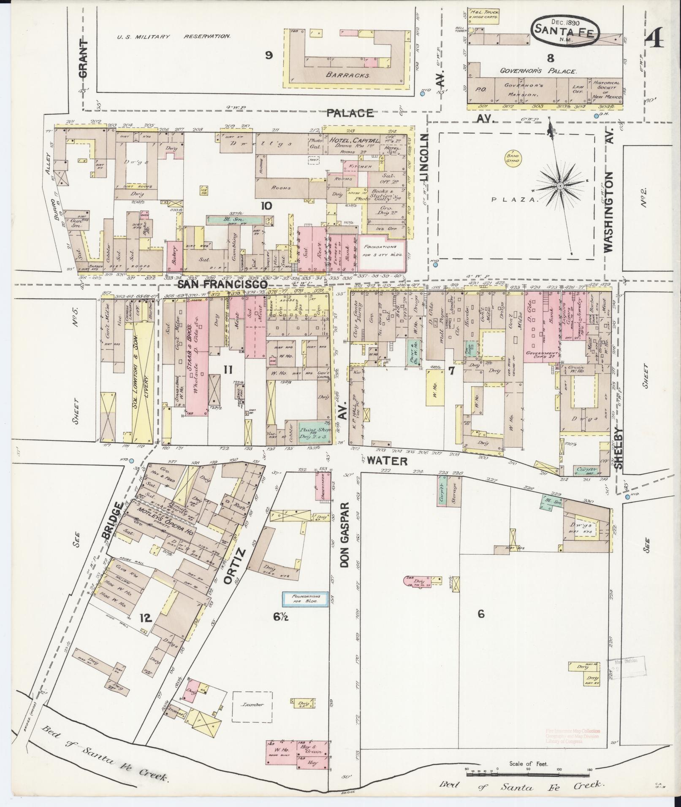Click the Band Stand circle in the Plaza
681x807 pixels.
coord(514,159)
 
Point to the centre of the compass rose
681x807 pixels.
coord(559,186)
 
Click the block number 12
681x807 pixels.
coord(145,618)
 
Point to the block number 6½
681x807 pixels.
coord(280,616)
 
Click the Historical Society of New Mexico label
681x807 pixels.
coord(607,90)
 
